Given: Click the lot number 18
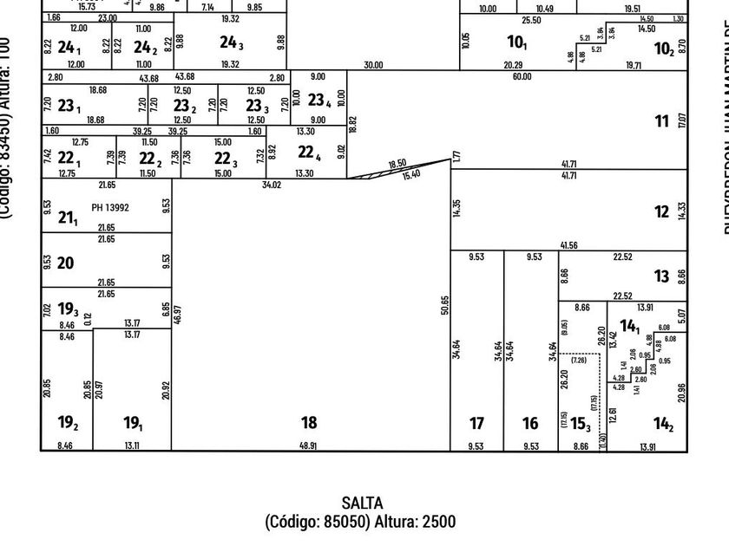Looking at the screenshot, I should [x=309, y=423].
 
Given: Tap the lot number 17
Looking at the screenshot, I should [x=476, y=423].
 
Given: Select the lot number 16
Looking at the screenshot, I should [x=530, y=423].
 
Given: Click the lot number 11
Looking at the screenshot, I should [x=661, y=121].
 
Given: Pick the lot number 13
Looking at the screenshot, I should [x=662, y=276].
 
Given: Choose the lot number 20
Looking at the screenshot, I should [x=65, y=263].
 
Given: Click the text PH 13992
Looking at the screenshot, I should [x=110, y=208].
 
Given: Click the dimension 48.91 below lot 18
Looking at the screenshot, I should [x=309, y=445].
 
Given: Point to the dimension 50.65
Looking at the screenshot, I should [x=444, y=305].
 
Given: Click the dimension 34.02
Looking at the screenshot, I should [x=272, y=185].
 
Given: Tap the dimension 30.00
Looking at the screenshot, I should [x=374, y=64].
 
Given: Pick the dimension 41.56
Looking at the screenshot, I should [x=569, y=245].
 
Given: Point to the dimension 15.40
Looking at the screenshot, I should [x=411, y=175].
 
